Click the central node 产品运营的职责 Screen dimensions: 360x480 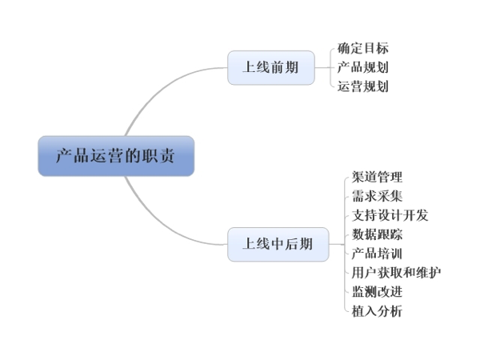pos(115,155)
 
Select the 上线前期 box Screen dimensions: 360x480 pos(270,67)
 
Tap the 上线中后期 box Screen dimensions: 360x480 pos(278,244)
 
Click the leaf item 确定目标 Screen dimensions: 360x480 pos(363,49)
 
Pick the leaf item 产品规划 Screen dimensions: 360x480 pos(363,67)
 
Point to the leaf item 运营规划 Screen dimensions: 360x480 pos(363,86)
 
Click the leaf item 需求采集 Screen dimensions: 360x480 pos(377,196)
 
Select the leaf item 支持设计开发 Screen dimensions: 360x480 pos(390,215)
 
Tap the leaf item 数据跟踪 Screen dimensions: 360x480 pos(377,234)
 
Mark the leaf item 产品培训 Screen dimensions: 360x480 pos(377,254)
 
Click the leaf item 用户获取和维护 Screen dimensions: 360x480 pos(396,273)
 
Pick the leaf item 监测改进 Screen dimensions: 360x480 pos(377,291)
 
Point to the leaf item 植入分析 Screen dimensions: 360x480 pos(377,310)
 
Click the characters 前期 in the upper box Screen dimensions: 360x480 pos(284,67)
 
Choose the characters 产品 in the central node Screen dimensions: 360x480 pos(70,155)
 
